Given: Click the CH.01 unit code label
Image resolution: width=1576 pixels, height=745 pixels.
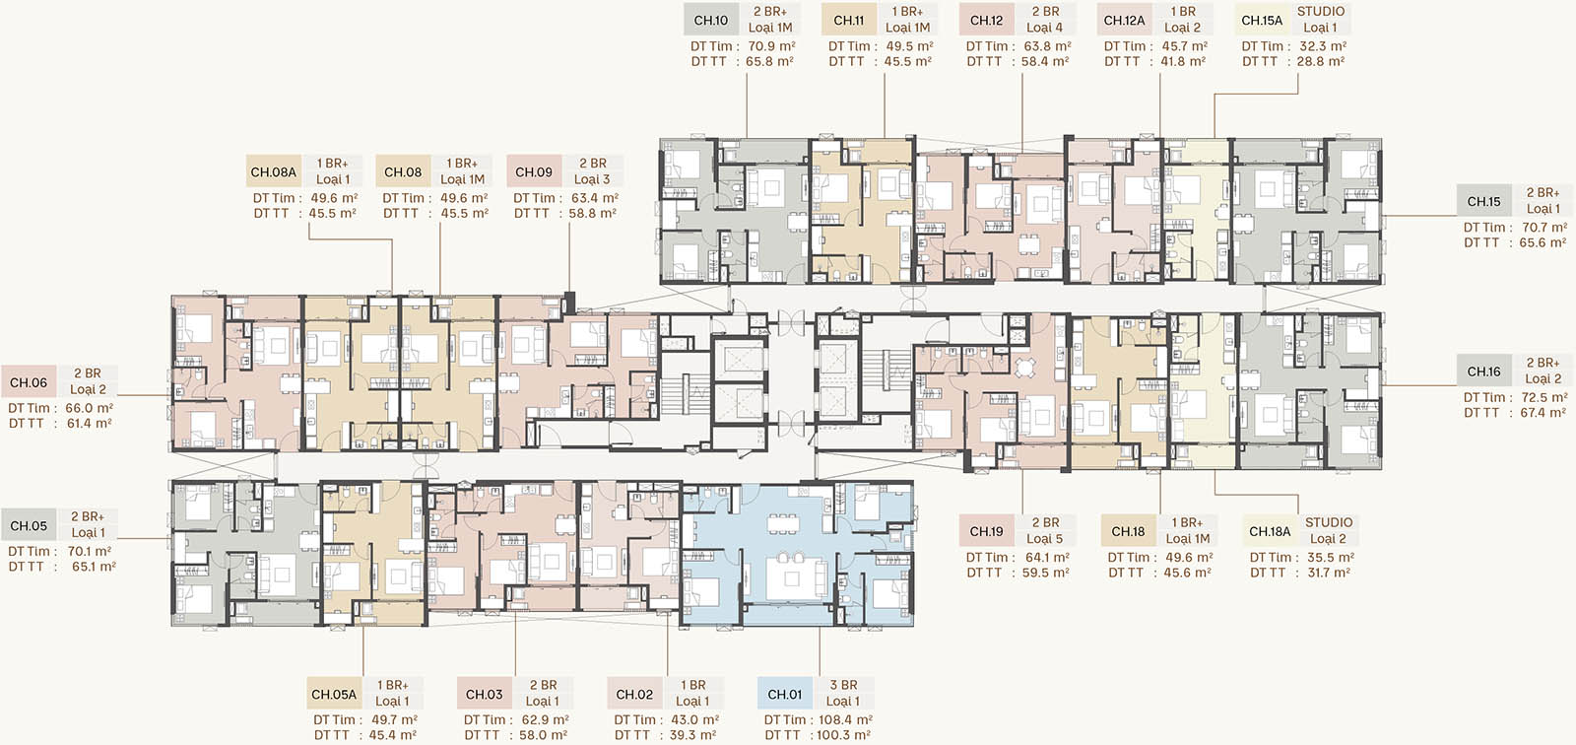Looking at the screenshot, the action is coord(784,695).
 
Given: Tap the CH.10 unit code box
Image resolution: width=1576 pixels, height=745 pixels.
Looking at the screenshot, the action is coord(710,21).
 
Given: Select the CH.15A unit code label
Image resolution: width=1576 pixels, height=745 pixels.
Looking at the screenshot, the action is coord(1262,21).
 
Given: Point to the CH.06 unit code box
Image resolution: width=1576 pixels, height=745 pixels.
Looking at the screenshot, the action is coord(29,383).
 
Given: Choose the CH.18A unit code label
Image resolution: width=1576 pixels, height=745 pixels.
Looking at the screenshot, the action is coord(1270,531).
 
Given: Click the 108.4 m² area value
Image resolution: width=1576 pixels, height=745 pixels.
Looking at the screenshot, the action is coord(845,719).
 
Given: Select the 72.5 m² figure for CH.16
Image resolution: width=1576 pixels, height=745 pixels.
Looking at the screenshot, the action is coord(1543,397).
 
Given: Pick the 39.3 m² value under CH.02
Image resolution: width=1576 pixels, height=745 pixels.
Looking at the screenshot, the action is coord(692,735).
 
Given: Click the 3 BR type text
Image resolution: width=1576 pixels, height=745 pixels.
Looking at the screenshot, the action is coord(843,685).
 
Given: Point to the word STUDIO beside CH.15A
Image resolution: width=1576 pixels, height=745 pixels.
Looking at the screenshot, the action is coord(1321,11).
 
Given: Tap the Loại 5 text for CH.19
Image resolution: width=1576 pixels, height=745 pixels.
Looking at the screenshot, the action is coord(1045,539).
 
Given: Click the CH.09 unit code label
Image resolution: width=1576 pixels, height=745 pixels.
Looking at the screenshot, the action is coord(534,172).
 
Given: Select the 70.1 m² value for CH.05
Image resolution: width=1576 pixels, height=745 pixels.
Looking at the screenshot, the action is coord(90,551).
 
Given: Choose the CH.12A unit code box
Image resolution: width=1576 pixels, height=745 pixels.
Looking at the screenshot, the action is coord(1124,21).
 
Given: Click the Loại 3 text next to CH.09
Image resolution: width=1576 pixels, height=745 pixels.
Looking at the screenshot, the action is coord(592,179).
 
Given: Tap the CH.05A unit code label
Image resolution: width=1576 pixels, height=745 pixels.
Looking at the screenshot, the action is coord(334,695).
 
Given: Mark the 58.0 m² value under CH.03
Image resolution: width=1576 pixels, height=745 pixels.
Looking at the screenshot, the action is coord(544,735).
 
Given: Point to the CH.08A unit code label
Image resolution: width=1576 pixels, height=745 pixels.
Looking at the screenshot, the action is coord(274,172).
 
